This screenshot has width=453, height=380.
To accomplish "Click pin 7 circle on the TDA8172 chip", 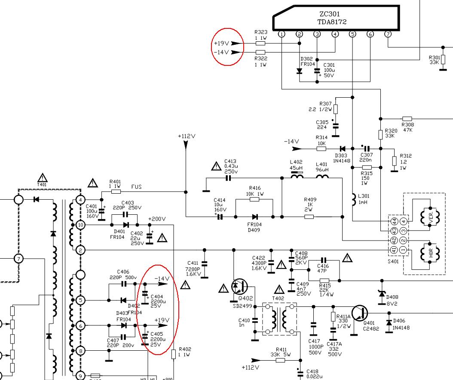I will click(x=388, y=34).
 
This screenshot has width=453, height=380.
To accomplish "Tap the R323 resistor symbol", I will click(x=260, y=43).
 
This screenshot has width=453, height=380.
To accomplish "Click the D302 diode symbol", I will click(x=300, y=71).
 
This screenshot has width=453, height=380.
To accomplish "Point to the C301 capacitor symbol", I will click(x=317, y=71).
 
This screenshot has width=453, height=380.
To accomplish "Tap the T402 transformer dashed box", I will click(x=279, y=318).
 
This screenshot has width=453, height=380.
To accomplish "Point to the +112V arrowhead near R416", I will click(x=186, y=145).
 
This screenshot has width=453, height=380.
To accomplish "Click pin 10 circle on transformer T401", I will click(x=80, y=225).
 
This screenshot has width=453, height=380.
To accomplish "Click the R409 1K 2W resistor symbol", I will click(x=309, y=216).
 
